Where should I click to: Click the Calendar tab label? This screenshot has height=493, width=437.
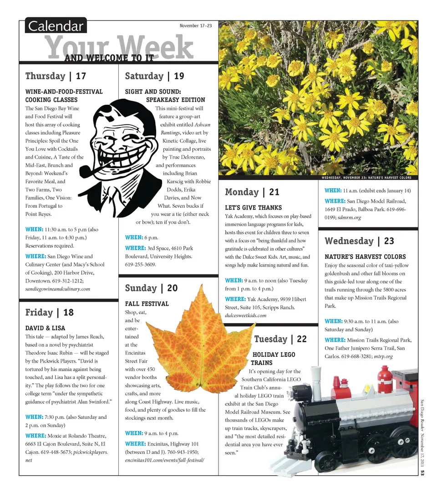[x=56, y=26]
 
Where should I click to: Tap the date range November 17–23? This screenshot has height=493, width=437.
[x=195, y=26]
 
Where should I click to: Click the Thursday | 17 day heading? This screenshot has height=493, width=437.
[x=56, y=76]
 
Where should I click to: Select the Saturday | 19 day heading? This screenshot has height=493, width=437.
[x=154, y=76]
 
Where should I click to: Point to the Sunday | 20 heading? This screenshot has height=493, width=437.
[x=151, y=288]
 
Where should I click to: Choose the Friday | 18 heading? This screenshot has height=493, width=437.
[x=49, y=313]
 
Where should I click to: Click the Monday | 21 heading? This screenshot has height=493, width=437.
[x=252, y=192]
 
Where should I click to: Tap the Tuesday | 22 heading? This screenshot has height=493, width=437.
[x=280, y=339]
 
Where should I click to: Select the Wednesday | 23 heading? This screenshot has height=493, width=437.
[x=359, y=241]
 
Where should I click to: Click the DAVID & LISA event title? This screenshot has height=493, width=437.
[x=45, y=328]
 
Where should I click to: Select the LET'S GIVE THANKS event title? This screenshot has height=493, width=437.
[x=253, y=208]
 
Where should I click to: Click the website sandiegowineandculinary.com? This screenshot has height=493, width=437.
[x=57, y=289]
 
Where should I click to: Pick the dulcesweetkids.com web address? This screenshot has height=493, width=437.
[x=245, y=315]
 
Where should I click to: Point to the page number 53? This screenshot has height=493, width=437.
[x=422, y=474]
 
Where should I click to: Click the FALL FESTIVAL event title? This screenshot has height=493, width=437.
[x=147, y=304]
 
